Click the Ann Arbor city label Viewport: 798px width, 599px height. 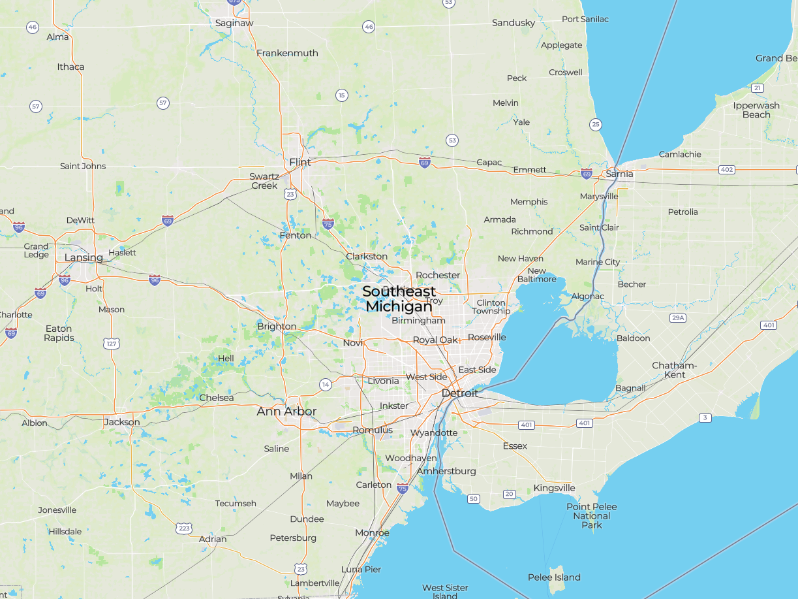click(286, 412)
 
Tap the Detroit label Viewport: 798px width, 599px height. click(460, 393)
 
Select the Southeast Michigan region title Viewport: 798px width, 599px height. click(399, 299)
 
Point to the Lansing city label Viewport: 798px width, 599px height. click(84, 257)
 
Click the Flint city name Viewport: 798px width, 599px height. click(300, 162)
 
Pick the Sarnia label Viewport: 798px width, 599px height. click(619, 174)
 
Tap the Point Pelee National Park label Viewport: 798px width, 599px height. click(592, 516)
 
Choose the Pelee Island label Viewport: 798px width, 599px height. click(554, 577)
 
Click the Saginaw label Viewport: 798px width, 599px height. click(234, 23)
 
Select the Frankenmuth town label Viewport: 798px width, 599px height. click(287, 53)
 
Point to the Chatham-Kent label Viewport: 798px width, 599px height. click(675, 370)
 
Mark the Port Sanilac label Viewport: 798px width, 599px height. click(585, 19)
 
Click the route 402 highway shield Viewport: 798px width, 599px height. click(727, 170)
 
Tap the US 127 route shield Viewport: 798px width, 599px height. click(112, 343)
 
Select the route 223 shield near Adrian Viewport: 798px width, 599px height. click(184, 528)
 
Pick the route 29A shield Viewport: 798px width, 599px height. click(678, 318)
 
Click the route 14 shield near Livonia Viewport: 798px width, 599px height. click(326, 385)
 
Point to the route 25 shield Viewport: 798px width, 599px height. click(595, 124)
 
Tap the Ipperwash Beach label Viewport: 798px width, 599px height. click(756, 110)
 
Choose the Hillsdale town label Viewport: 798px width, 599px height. click(65, 532)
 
